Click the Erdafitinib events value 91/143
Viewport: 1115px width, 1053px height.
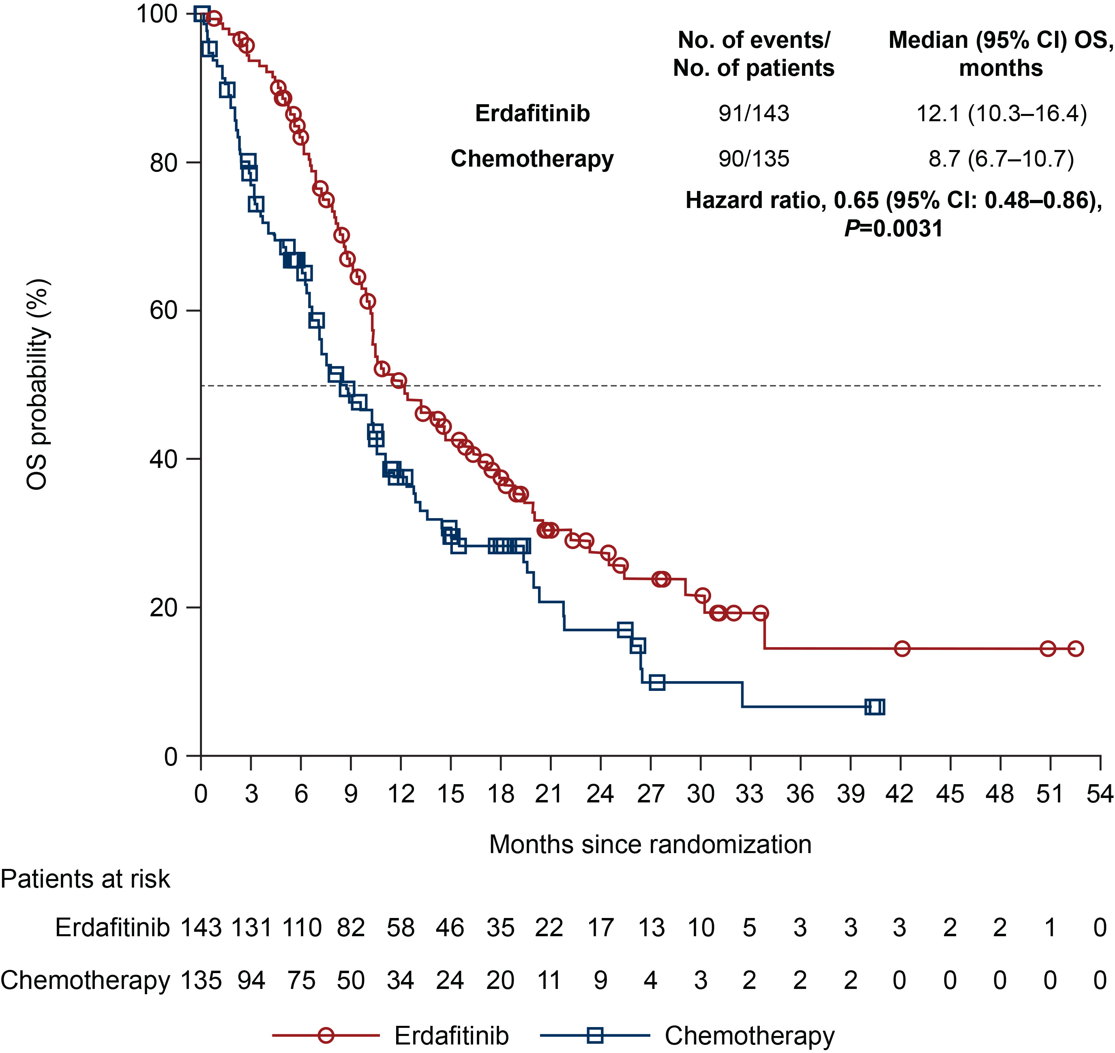click(x=754, y=114)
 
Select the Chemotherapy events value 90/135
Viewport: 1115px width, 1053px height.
click(x=754, y=159)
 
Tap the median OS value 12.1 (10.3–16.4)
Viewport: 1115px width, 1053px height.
click(x=1001, y=114)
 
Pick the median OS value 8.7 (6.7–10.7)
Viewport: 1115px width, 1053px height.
click(x=1001, y=159)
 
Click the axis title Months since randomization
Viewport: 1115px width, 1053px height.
click(x=650, y=844)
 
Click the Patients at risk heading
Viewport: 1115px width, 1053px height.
click(x=85, y=879)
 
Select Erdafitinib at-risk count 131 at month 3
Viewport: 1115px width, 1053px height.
click(x=251, y=928)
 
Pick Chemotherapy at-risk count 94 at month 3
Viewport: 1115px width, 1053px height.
click(x=251, y=980)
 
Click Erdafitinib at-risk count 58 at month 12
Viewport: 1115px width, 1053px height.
click(x=401, y=928)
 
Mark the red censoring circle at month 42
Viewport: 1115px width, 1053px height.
click(x=902, y=649)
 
